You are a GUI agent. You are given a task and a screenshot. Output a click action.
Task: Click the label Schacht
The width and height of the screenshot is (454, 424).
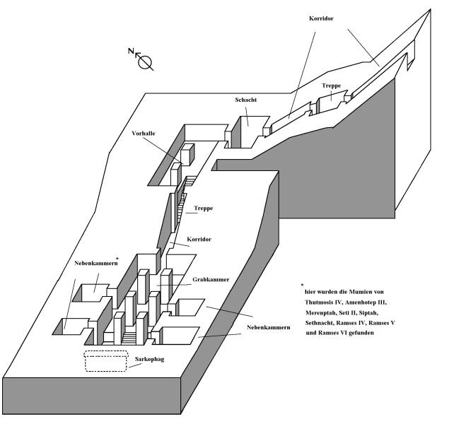coord(245,100)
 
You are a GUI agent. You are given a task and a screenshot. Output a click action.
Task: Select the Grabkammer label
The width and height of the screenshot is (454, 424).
coord(211,280)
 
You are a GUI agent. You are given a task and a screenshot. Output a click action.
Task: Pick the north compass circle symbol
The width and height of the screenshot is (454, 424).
coord(146,62)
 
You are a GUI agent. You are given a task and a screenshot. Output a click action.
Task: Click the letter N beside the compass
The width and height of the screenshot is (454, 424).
coord(130,51)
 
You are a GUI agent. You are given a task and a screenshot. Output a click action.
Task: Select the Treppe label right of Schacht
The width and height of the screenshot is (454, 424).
coord(331,86)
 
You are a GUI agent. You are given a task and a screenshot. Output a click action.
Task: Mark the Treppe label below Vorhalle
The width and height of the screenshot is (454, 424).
coord(204,208)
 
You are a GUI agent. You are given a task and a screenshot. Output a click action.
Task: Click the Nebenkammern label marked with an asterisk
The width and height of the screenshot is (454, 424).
coord(93,264)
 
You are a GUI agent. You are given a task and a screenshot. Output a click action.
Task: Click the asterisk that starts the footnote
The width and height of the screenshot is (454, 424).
coord(301,284)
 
